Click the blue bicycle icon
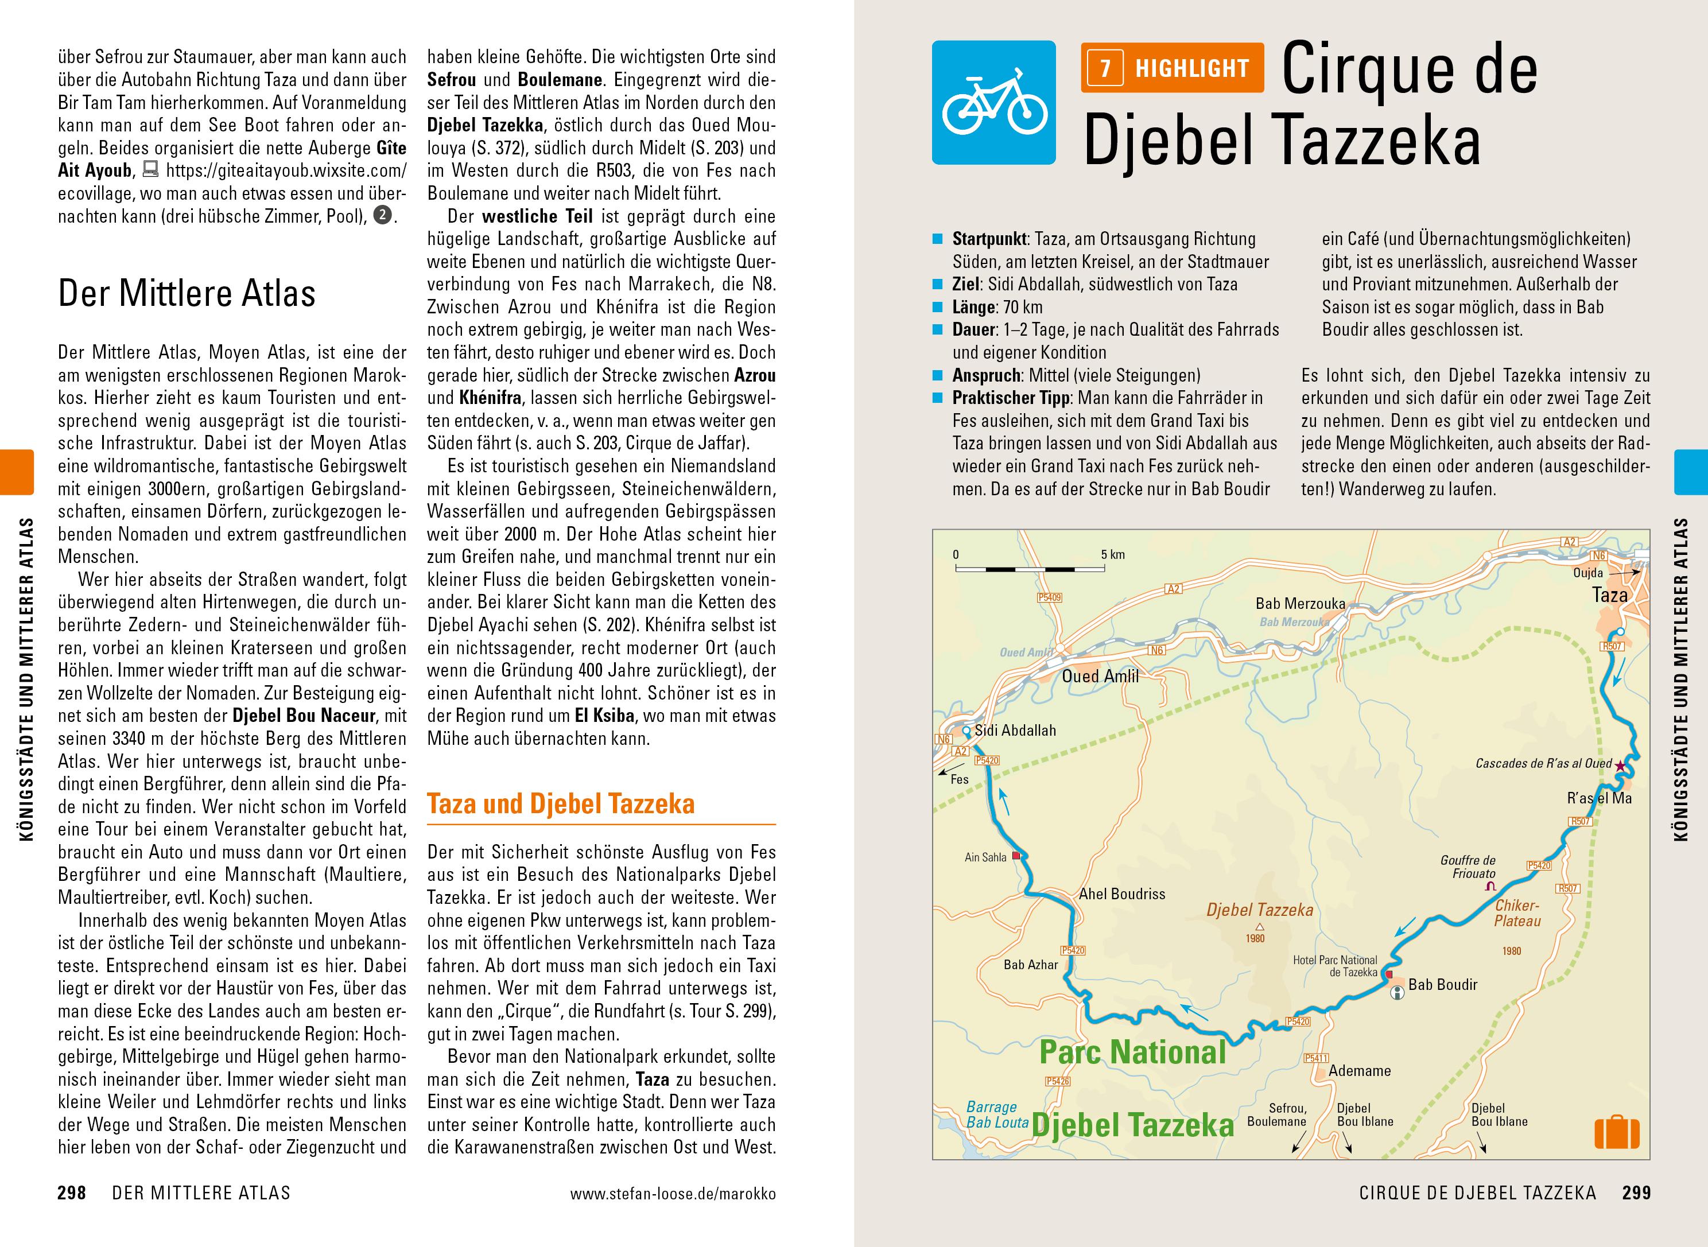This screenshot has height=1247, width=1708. pyautogui.click(x=993, y=102)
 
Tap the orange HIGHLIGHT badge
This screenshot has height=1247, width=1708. pyautogui.click(x=1172, y=68)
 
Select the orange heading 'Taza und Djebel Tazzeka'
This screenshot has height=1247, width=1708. pyautogui.click(x=561, y=804)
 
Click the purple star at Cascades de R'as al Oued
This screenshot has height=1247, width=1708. pyautogui.click(x=1620, y=764)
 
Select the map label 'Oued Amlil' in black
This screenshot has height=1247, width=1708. pyautogui.click(x=1100, y=677)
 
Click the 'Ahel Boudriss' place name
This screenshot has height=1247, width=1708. pyautogui.click(x=1121, y=894)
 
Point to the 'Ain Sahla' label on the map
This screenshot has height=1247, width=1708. pyautogui.click(x=985, y=857)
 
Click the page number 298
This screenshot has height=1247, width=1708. pyautogui.click(x=72, y=1194)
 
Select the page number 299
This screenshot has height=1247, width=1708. pyautogui.click(x=1636, y=1194)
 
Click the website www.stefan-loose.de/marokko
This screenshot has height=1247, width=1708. pyautogui.click(x=673, y=1194)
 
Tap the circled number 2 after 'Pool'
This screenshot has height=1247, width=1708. pyautogui.click(x=383, y=216)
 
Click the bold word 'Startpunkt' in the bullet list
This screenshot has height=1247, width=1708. pyautogui.click(x=989, y=239)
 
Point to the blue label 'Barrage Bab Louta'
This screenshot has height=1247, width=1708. pyautogui.click(x=996, y=1115)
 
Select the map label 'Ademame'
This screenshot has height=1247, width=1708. pyautogui.click(x=1359, y=1070)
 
